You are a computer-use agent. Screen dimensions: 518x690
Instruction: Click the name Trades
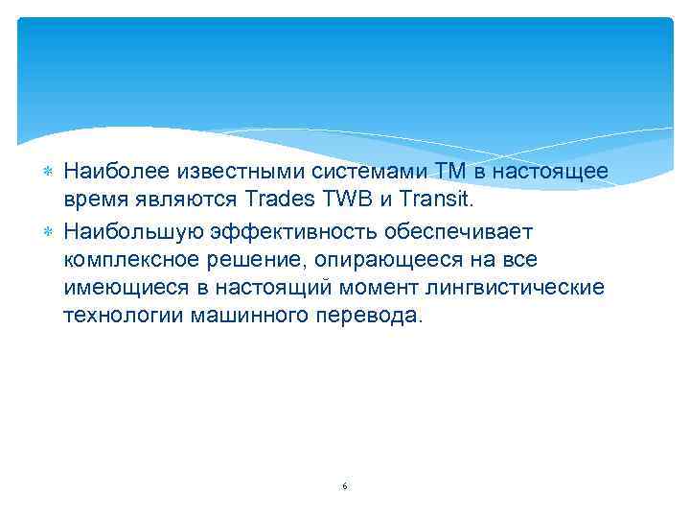[280, 200]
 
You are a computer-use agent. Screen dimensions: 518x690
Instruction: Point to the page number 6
[344, 487]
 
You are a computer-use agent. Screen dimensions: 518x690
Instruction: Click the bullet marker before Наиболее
[49, 171]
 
